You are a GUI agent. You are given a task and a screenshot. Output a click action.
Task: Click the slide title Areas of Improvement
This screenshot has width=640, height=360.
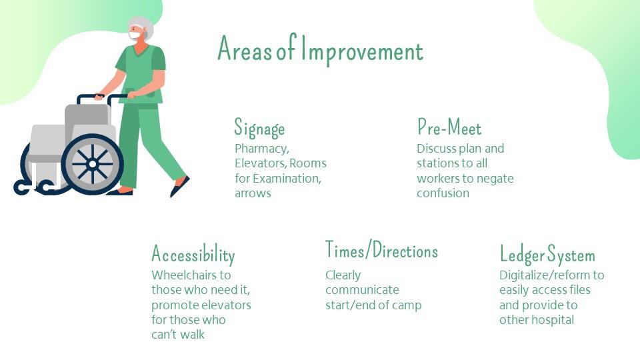(x=321, y=50)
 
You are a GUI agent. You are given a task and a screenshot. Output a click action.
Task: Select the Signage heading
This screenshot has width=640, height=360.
(x=259, y=128)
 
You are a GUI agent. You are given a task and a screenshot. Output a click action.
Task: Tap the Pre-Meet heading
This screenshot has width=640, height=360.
(x=449, y=127)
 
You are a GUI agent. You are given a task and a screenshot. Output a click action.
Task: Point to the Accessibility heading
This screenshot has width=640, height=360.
(x=193, y=254)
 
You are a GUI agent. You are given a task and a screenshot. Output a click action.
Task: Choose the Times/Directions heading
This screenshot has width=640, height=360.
(x=381, y=250)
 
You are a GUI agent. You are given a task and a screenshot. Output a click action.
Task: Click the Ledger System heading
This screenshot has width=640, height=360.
(x=547, y=254)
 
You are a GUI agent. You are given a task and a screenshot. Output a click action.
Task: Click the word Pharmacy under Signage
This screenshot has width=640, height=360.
(x=261, y=149)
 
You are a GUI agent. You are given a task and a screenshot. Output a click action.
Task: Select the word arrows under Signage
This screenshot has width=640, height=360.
(x=253, y=193)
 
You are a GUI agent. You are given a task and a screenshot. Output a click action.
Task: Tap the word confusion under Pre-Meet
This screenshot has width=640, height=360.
(x=443, y=193)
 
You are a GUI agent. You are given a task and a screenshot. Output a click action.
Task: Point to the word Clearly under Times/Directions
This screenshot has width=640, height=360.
(x=343, y=275)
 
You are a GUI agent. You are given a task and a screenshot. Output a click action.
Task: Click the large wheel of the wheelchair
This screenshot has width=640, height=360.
(x=92, y=164)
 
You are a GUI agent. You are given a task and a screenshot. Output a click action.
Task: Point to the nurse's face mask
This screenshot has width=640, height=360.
(x=135, y=35)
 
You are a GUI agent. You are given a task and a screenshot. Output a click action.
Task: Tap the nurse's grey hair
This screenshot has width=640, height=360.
(x=143, y=27)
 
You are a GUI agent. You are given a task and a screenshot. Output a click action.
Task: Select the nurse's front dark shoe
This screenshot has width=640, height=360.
(x=179, y=187)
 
